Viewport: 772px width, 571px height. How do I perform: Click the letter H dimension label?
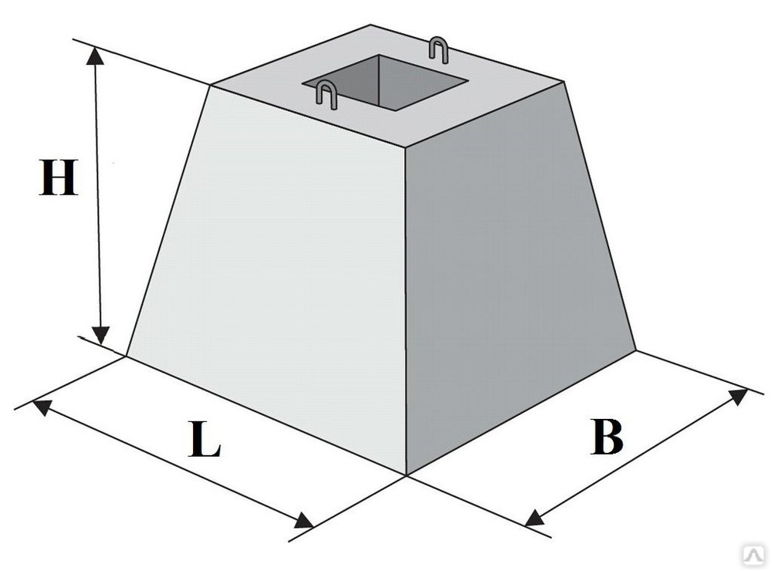[59, 177]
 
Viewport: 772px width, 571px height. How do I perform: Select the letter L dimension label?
[205, 439]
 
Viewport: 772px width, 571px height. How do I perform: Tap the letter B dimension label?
[607, 437]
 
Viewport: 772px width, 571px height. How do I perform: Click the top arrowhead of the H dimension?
[96, 56]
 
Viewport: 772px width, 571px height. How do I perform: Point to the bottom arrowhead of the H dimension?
[101, 336]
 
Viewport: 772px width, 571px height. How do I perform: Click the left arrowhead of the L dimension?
[42, 407]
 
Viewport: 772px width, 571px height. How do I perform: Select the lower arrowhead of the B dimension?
[534, 518]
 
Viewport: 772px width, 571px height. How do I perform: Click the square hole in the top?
[385, 82]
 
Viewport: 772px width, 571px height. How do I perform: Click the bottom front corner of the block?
[406, 475]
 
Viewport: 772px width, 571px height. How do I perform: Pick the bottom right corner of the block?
[636, 350]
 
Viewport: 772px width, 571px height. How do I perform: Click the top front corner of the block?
[405, 147]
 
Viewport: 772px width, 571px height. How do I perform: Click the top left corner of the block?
[211, 86]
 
